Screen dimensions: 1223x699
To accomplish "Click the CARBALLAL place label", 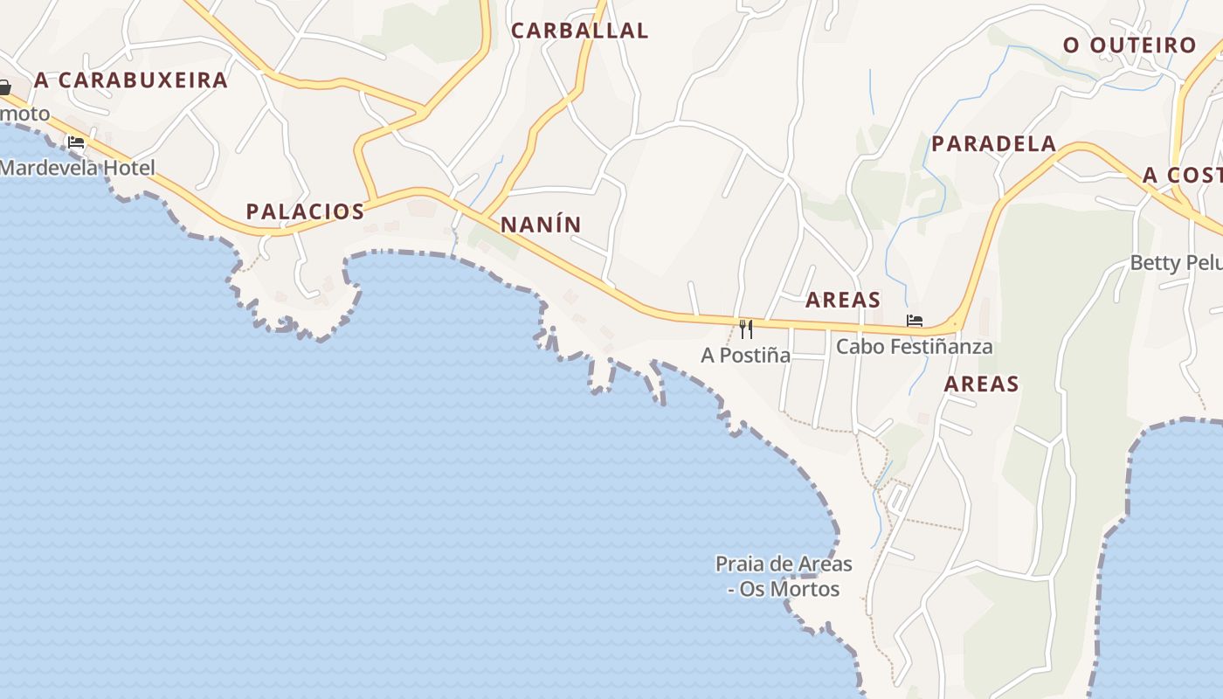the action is [579, 31].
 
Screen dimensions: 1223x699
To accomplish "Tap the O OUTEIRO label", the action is [1129, 45].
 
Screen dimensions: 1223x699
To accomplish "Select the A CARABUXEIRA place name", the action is [131, 80].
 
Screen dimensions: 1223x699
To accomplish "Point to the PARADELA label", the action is [993, 144].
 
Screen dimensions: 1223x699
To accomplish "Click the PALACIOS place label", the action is [305, 211].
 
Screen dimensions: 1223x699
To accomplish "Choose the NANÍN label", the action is [541, 225].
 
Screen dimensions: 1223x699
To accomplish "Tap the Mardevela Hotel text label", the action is [77, 168].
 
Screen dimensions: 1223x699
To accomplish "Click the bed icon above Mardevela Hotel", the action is [76, 142].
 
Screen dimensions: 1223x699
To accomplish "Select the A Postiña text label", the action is [745, 356].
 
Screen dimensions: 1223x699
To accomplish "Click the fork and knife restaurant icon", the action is [745, 329].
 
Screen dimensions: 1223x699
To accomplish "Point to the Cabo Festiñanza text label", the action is [914, 347].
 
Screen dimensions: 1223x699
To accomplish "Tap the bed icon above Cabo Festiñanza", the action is [914, 321].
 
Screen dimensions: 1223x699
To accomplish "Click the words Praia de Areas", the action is [784, 564].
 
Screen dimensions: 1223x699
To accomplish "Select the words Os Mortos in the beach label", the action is [789, 590].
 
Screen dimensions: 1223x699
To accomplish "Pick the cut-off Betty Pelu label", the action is [1176, 263].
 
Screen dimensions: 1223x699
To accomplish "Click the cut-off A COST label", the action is [1182, 176].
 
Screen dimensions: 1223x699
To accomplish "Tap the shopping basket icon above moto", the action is [4, 87].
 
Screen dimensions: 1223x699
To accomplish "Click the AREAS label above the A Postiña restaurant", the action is [842, 301].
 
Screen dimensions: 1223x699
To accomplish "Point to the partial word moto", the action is [24, 114].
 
